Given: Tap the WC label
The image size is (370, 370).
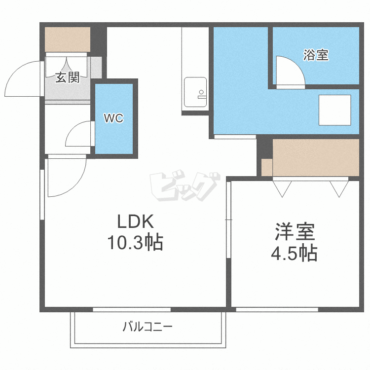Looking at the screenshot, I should point(113,118).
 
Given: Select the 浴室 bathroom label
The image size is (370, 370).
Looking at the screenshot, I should point(316,55).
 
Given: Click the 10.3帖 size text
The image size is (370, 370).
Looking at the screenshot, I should point(135,242).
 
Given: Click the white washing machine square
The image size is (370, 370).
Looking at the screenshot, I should point(334,110).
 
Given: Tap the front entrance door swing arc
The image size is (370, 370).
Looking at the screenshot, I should point(22,79).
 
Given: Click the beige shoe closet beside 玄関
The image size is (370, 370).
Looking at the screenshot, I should point(68,39).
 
